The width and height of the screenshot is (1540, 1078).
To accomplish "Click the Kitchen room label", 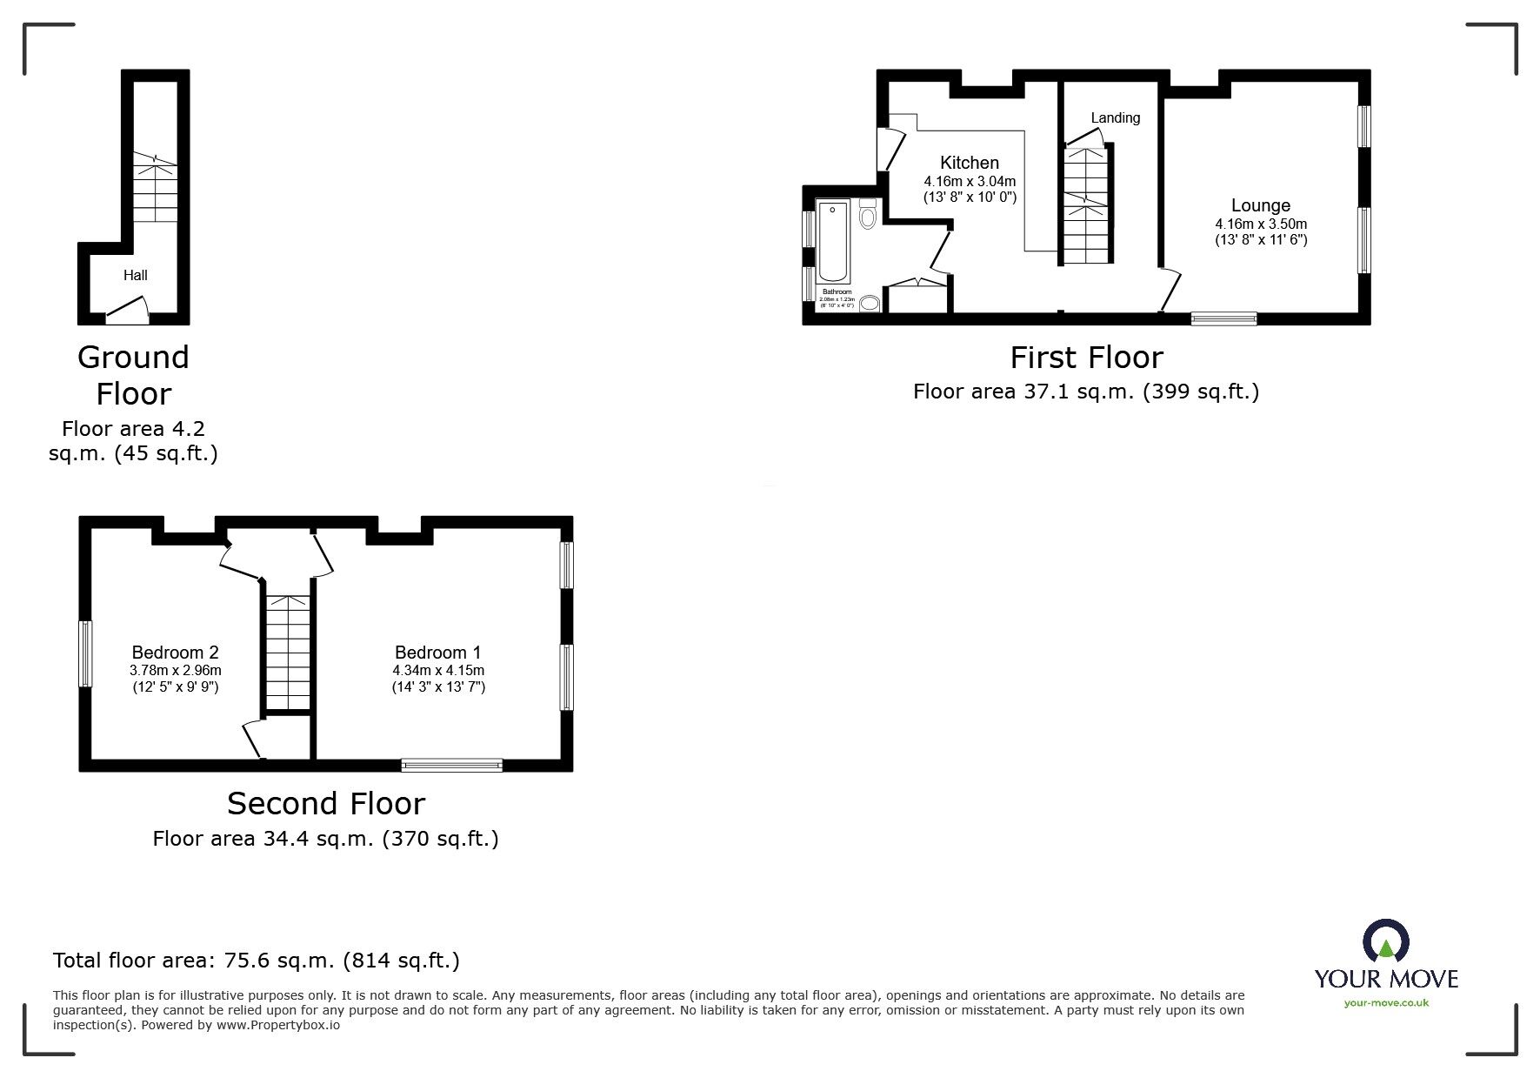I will (970, 163).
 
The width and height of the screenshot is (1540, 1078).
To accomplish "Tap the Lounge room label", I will (1260, 206).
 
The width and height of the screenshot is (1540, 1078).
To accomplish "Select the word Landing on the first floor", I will (1115, 117).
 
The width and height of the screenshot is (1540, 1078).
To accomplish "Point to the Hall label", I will (135, 275).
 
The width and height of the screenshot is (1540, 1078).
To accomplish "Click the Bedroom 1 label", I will (437, 653).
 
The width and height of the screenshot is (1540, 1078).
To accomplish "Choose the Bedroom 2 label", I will (175, 653).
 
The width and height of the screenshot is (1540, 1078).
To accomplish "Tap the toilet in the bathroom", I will (868, 215).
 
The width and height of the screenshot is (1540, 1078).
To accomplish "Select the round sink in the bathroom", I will (869, 303).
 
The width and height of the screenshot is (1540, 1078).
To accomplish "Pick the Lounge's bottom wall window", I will (1223, 318).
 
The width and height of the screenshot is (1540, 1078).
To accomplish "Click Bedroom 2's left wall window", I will (85, 653).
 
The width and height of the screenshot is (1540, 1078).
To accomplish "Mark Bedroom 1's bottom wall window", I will (451, 765).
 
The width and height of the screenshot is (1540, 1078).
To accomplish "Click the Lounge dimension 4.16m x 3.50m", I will (1261, 224).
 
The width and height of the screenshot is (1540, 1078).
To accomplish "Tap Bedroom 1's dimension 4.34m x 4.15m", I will (437, 671).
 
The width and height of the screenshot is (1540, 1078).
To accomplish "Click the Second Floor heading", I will (326, 803).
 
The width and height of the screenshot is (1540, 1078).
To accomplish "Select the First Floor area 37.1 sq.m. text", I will (1085, 392).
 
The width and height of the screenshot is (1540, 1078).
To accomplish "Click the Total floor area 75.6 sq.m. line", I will (257, 961).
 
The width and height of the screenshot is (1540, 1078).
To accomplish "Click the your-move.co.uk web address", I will (1385, 1003).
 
